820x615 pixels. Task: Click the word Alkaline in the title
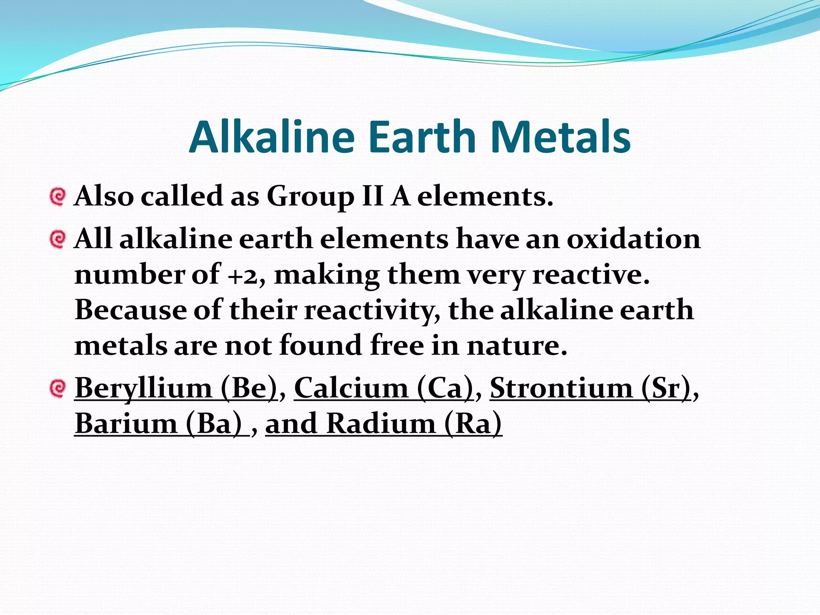[x=272, y=137]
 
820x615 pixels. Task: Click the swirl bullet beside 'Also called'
[x=58, y=197]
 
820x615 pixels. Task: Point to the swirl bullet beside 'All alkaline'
[x=58, y=239]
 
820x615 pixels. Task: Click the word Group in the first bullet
[x=310, y=197]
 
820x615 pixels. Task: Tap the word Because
[x=130, y=310]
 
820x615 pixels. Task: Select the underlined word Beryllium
[x=143, y=388]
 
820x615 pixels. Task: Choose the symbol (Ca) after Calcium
[x=445, y=388]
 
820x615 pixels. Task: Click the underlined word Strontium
[x=561, y=388]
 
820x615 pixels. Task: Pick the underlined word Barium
[x=126, y=424]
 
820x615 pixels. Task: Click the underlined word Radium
[x=381, y=424]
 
